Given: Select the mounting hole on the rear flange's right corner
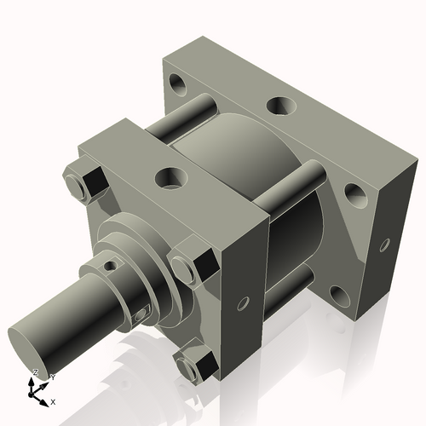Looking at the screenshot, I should [x=355, y=196].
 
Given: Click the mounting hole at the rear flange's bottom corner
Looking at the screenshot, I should [x=338, y=295].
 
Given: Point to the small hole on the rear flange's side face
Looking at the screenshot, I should [x=385, y=246].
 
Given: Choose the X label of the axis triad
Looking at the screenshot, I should [x=54, y=400].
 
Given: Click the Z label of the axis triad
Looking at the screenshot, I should [x=35, y=372].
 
